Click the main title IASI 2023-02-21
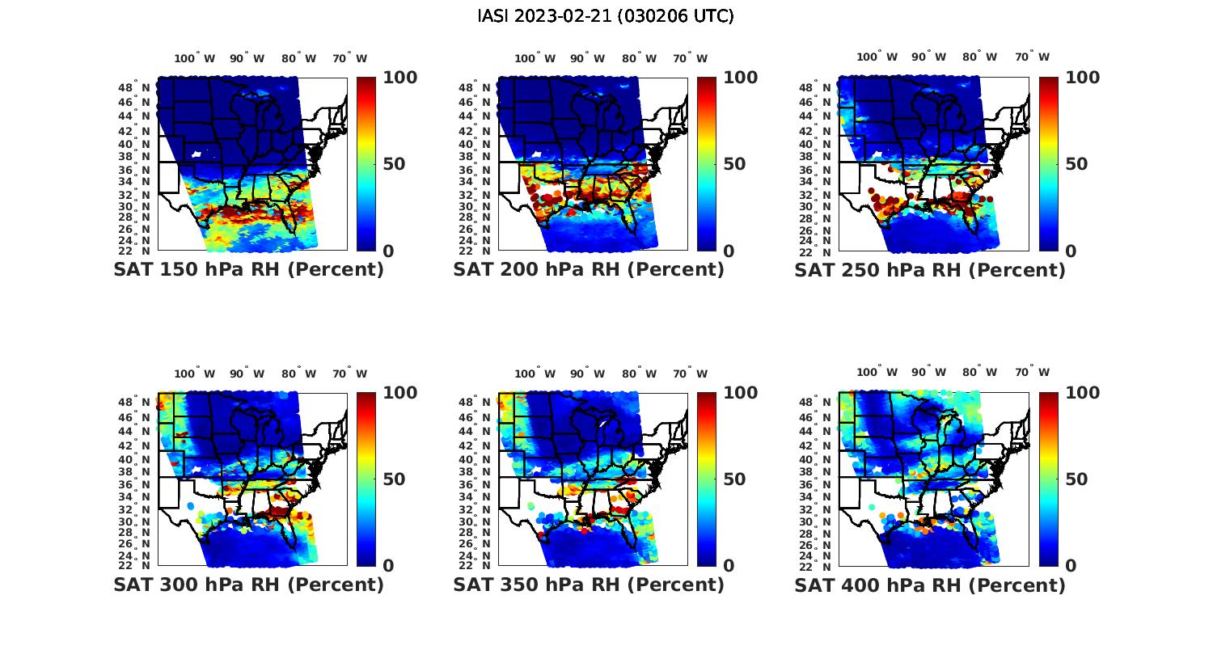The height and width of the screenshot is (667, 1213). pos(606,16)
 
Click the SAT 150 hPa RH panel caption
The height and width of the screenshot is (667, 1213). pos(248,270)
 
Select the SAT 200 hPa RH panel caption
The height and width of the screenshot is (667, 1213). pos(589,270)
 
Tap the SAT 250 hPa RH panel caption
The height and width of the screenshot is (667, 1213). pos(930,270)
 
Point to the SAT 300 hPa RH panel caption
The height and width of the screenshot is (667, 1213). pos(248,585)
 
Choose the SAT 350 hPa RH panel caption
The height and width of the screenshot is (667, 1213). pos(589,585)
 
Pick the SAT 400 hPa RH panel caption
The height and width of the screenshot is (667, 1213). pos(930,585)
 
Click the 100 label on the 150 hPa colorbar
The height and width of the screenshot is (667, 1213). pos(399,78)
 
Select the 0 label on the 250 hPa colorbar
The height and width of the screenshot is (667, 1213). pos(1071,251)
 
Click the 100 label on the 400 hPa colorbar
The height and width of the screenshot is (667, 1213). pos(1082,393)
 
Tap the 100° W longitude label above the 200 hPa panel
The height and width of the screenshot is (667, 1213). pos(535,58)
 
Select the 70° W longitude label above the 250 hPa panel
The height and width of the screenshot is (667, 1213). pos(1032,57)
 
